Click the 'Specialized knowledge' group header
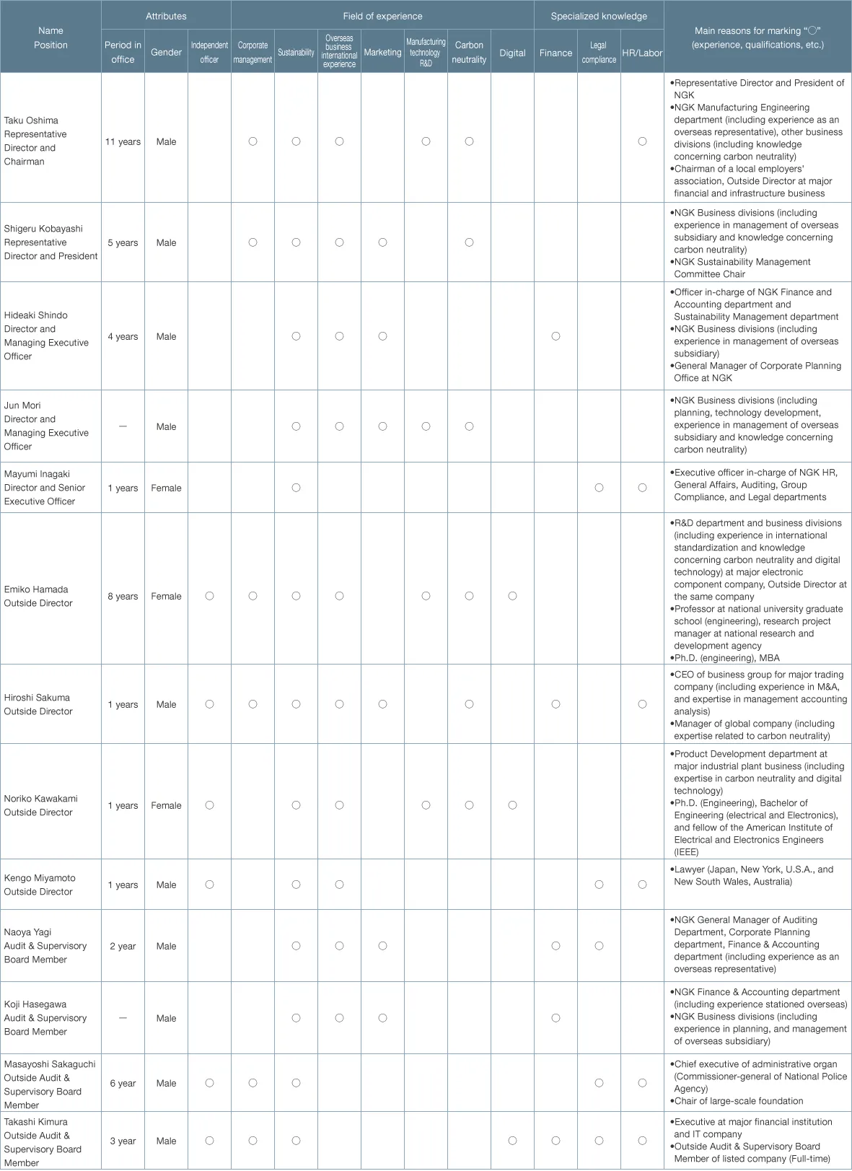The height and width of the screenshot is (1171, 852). [x=599, y=16]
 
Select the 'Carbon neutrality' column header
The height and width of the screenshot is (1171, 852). [x=469, y=52]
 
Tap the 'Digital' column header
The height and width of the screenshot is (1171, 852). [x=512, y=53]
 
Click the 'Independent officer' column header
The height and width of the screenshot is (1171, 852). [x=209, y=52]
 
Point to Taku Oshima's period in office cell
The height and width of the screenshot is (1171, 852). [x=123, y=141]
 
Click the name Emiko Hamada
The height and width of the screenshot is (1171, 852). [x=36, y=589]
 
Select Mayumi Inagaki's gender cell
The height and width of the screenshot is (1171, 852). [x=166, y=488]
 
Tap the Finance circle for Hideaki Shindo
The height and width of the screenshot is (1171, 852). [x=555, y=336]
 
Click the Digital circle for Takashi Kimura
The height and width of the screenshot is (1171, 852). [x=512, y=1141]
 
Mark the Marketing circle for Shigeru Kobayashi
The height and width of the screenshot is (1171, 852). [x=382, y=242]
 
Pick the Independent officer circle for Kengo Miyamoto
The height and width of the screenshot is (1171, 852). [x=209, y=885]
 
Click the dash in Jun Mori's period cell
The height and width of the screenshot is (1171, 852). [x=123, y=426]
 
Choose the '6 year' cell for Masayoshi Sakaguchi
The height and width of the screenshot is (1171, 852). [x=123, y=1083]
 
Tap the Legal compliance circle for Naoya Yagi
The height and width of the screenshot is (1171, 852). [x=599, y=946]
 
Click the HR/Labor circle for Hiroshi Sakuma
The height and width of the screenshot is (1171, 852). [x=642, y=704]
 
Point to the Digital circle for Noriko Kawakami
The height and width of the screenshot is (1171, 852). [x=512, y=805]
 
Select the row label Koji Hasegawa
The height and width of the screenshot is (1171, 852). [x=35, y=1004]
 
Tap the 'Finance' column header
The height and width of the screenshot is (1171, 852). [x=555, y=53]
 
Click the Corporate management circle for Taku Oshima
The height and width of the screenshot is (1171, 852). [x=252, y=141]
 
